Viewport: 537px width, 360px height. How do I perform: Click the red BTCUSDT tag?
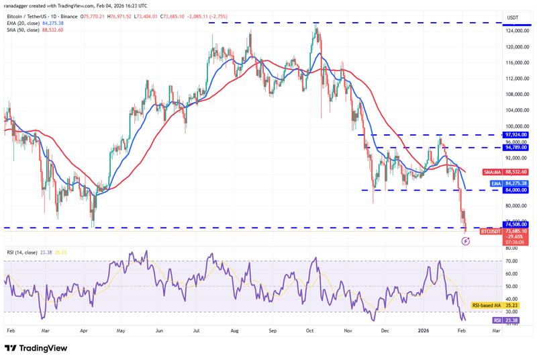(490, 230)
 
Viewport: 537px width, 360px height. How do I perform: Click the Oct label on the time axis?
(310, 331)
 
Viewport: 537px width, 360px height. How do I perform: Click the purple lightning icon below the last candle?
(466, 240)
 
